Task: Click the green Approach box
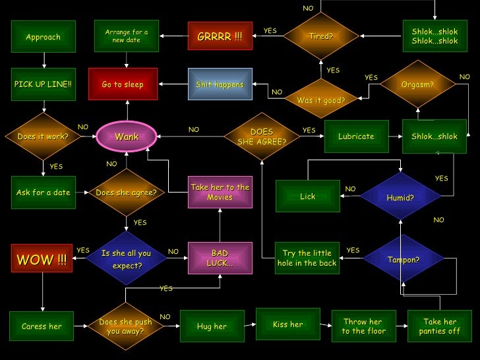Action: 44,37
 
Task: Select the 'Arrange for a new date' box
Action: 127,36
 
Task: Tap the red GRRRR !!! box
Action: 220,36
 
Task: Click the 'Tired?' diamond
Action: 321,36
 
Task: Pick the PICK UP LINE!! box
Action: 44,84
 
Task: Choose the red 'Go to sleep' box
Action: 123,84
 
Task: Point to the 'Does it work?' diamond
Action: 44,137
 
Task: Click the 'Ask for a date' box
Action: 44,193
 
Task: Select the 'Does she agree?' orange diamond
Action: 126,193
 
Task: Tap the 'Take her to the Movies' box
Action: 220,192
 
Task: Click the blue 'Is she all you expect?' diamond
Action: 126,259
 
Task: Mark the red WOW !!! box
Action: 42,259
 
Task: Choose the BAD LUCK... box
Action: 220,258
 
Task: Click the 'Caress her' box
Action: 42,326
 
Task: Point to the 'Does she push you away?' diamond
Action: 125,326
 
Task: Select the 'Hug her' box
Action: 212,326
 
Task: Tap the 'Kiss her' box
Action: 288,324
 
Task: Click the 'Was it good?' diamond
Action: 321,100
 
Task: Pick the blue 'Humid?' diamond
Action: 400,197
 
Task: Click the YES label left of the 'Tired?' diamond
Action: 270,31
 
